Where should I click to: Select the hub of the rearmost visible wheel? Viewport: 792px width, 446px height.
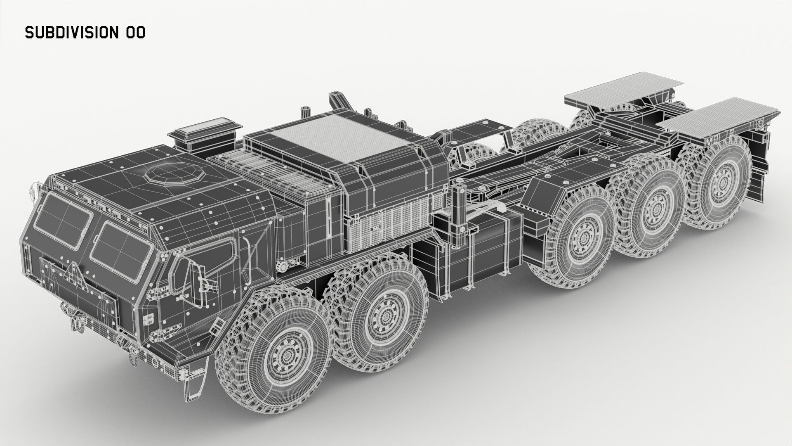coord(721,182)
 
